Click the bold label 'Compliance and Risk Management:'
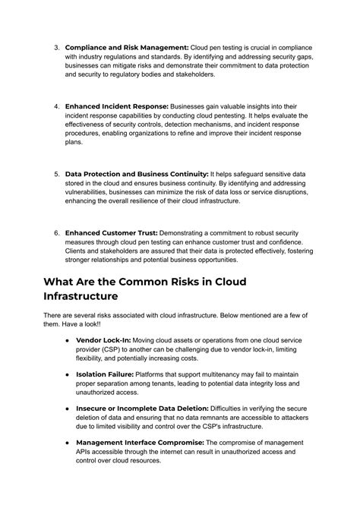pyautogui.click(x=126, y=46)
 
